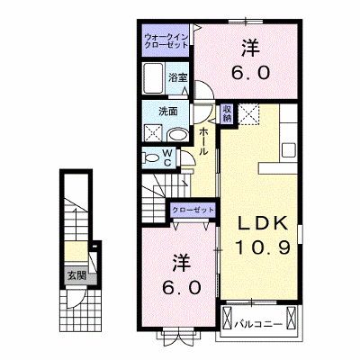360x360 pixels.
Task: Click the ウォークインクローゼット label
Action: [x=166, y=41]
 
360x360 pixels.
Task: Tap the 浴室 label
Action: [x=177, y=77]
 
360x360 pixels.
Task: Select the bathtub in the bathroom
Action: [x=153, y=78]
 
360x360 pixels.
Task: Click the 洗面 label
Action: [x=168, y=112]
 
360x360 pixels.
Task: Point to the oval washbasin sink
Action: [x=177, y=135]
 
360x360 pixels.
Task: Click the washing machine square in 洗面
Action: [x=153, y=133]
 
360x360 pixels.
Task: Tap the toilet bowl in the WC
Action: [x=151, y=157]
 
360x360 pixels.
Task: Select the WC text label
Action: [x=167, y=158]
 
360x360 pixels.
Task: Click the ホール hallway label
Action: [x=203, y=141]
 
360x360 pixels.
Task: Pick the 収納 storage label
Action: [x=227, y=113]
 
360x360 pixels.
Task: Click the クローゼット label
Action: [x=193, y=210]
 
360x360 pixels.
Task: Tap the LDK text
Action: [x=263, y=223]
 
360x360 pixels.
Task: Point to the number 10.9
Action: [x=263, y=247]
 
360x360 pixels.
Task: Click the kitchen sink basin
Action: [x=289, y=149]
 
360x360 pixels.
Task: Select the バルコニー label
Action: [x=258, y=324]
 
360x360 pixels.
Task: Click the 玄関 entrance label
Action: [x=76, y=275]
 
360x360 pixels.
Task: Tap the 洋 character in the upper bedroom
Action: [x=251, y=49]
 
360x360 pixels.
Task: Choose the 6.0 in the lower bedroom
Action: [x=181, y=288]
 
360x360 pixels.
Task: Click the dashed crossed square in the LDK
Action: [x=248, y=114]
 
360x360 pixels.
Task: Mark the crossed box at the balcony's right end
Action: [x=291, y=318]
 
